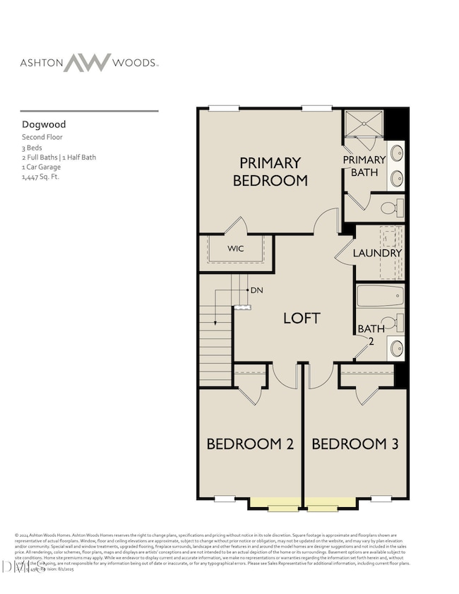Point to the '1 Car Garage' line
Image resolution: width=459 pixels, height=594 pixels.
point(42,167)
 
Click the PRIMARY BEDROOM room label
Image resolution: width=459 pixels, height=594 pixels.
point(270,171)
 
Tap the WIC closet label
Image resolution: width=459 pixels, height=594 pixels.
point(235,249)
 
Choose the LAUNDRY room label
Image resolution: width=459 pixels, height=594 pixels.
point(377,253)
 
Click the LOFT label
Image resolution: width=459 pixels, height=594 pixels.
point(302,318)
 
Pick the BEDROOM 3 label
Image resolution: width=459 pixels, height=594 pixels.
point(355,444)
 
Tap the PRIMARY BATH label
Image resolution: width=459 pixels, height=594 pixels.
point(364,165)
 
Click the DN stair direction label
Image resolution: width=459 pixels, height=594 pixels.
point(256,290)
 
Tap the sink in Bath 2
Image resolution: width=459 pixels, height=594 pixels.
point(397,348)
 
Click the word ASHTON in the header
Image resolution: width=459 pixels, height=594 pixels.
point(40,62)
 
